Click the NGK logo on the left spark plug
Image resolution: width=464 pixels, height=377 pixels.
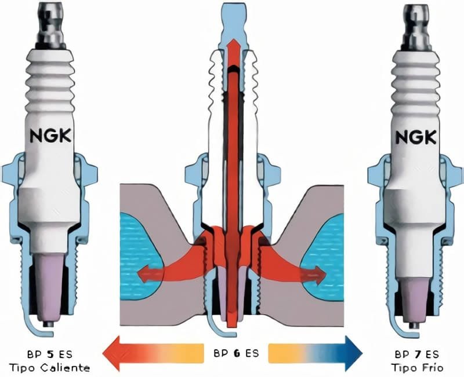pyautogui.click(x=50, y=137)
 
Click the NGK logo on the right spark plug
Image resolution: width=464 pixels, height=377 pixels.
pyautogui.click(x=416, y=137)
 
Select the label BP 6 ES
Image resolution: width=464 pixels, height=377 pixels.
pyautogui.click(x=232, y=352)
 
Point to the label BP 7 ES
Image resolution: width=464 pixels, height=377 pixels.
pyautogui.click(x=415, y=353)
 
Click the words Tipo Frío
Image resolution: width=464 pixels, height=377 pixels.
pyautogui.click(x=415, y=367)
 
